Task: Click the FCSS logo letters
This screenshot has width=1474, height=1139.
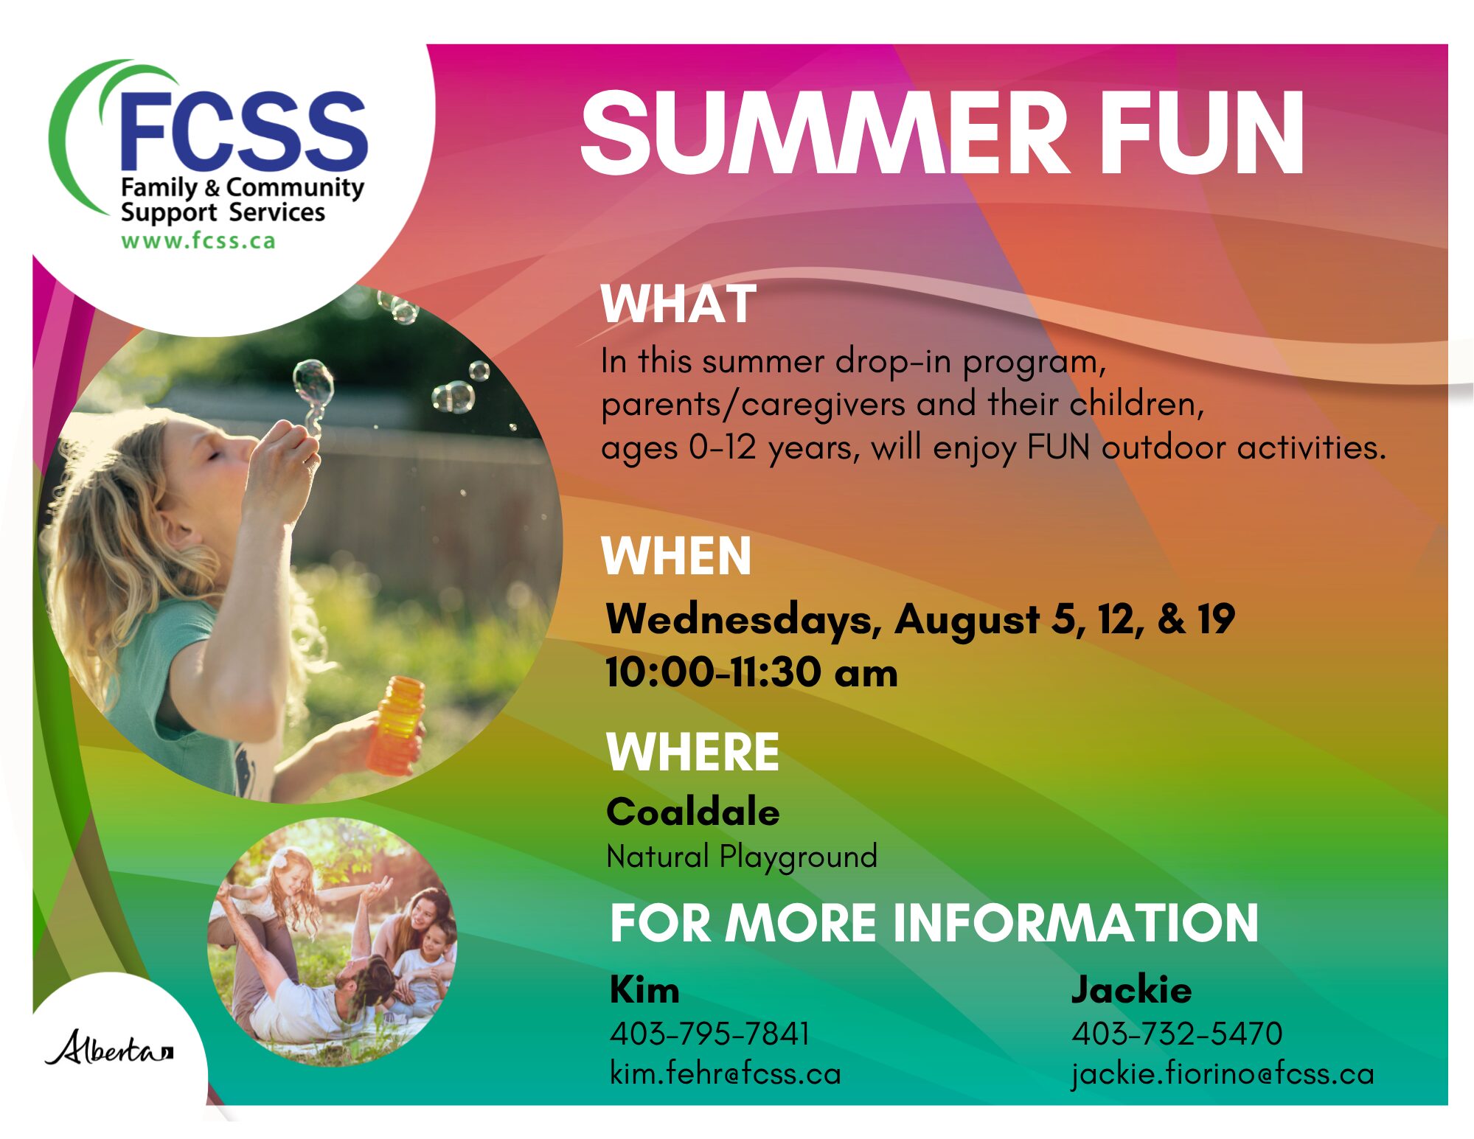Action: point(243,131)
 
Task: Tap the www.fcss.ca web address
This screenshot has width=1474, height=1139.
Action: point(198,241)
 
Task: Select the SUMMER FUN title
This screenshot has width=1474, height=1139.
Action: point(942,133)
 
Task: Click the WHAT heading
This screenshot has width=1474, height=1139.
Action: point(678,304)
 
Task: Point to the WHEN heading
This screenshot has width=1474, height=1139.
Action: point(676,556)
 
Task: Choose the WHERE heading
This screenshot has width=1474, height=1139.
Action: point(692,752)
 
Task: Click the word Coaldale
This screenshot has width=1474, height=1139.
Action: point(692,812)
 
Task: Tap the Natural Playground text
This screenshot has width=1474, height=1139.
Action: point(742,857)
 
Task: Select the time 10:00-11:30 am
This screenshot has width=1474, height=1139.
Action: point(751,672)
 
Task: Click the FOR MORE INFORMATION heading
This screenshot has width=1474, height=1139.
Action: point(934,923)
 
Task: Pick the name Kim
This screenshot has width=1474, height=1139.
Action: point(644,989)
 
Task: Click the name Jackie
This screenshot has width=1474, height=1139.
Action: point(1131,989)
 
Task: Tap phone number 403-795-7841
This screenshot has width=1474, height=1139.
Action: point(709,1034)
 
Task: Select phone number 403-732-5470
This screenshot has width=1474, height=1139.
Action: point(1177,1034)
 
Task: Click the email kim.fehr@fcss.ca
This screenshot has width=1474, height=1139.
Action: point(726,1073)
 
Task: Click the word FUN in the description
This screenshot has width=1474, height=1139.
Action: point(1059,447)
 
